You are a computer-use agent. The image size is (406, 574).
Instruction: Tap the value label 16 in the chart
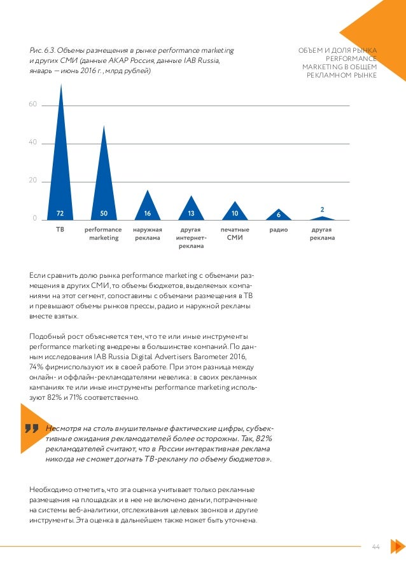click(x=148, y=213)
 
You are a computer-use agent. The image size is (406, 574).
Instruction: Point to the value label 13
click(x=191, y=213)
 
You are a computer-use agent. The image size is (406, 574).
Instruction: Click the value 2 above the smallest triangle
click(x=322, y=209)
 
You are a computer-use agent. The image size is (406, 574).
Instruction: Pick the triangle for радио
click(x=278, y=215)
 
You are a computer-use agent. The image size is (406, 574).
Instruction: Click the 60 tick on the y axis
click(x=32, y=104)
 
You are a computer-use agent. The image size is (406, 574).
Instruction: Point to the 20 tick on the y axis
click(x=32, y=182)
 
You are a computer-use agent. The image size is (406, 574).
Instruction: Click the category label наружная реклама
click(x=148, y=233)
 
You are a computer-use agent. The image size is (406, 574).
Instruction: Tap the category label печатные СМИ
click(x=235, y=233)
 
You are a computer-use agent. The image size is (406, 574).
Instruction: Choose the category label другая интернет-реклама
click(x=191, y=238)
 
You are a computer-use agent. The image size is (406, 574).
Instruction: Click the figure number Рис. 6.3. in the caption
click(x=43, y=50)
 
